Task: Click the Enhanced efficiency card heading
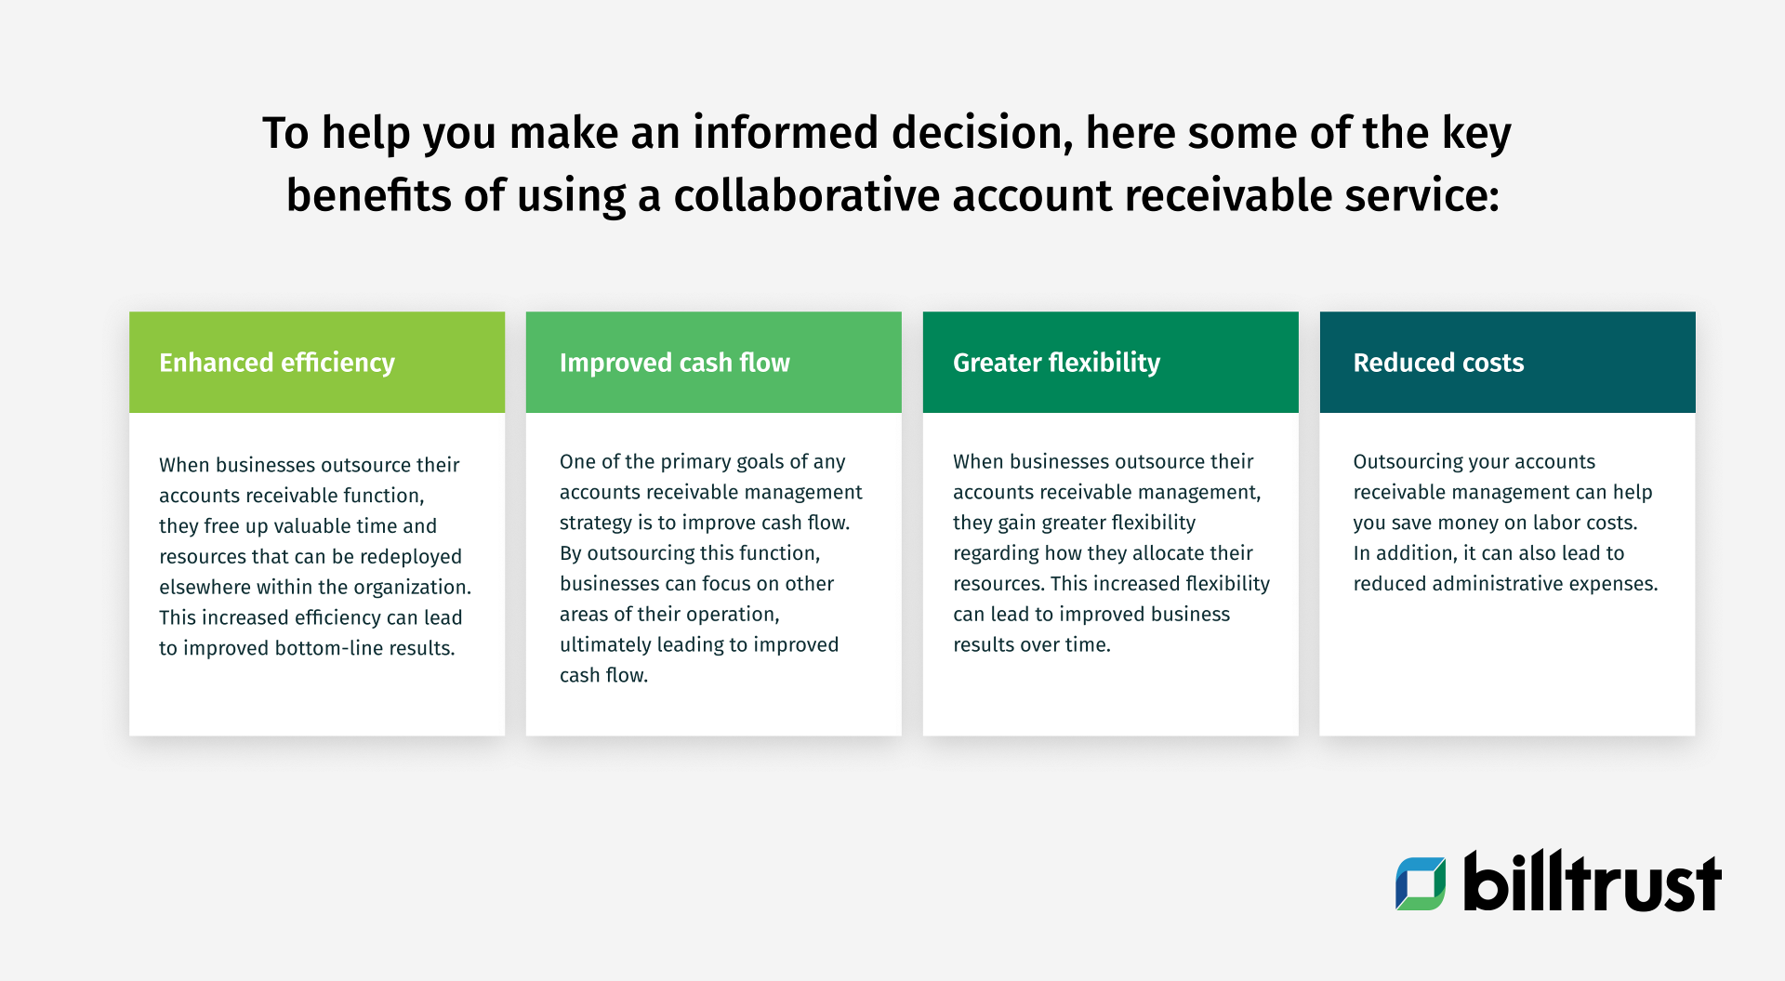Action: coord(276,363)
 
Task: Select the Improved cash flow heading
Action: coord(674,363)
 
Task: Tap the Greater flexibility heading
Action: coord(1056,363)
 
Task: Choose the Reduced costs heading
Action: coord(1437,363)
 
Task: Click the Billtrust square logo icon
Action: coord(1420,883)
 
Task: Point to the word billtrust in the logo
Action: coord(1592,882)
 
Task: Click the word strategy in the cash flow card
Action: coord(595,523)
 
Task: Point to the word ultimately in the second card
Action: coord(604,645)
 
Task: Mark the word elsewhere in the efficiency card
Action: coord(205,588)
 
